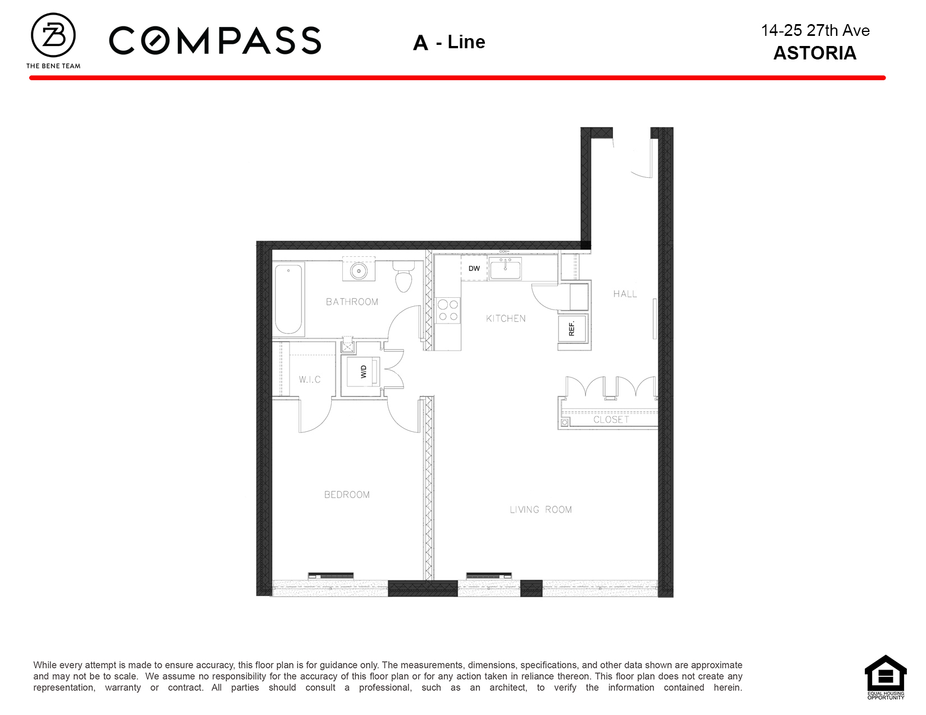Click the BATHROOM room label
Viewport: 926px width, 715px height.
[x=352, y=302]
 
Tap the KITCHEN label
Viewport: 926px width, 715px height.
[x=506, y=319]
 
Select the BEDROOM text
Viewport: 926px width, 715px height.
[x=347, y=495]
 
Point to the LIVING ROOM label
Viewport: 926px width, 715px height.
[x=541, y=509]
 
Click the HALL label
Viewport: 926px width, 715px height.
[x=625, y=294]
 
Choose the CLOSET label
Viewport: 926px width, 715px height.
[x=611, y=419]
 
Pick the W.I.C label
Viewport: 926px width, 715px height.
[x=310, y=380]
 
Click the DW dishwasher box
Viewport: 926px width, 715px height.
[x=474, y=268]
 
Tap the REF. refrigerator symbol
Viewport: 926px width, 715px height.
[x=572, y=329]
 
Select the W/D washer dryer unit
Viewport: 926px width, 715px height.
[x=363, y=372]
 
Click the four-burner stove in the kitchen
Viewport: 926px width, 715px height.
[x=448, y=311]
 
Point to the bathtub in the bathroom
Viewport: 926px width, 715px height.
[x=289, y=299]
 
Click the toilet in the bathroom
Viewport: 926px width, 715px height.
[x=404, y=276]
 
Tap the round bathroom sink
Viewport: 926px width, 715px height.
[x=359, y=270]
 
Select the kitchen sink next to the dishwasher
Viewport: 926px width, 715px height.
[x=505, y=269]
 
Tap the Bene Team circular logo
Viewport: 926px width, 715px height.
[x=53, y=35]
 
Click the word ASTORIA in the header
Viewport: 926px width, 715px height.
[x=815, y=53]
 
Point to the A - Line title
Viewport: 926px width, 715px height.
[x=449, y=42]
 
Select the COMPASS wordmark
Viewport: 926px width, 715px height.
[x=215, y=40]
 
